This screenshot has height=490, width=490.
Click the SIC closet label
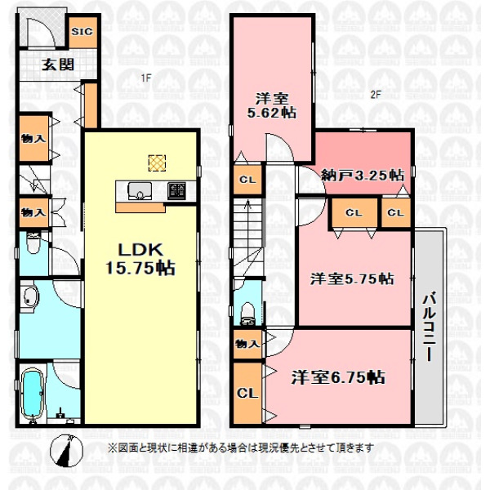tap(82, 31)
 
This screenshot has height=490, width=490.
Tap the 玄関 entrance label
tap(58, 65)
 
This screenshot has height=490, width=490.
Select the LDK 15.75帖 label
tap(140, 259)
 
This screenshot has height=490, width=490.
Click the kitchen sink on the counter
tap(140, 191)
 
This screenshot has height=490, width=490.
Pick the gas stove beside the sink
tap(176, 190)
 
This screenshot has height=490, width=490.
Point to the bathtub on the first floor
tap(33, 393)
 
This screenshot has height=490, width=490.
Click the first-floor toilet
tap(33, 243)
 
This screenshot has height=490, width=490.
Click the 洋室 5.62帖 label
tap(272, 106)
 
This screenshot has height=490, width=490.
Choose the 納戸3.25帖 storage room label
tap(363, 176)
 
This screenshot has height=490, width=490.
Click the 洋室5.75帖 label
tap(352, 278)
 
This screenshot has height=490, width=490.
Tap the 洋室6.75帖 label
tap(338, 377)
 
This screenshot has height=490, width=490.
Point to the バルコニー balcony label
tap(430, 327)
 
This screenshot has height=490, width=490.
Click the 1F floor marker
tap(145, 78)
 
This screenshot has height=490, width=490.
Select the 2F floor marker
tap(376, 95)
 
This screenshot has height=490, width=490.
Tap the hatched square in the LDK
tap(157, 163)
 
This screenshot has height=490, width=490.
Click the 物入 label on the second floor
tap(247, 344)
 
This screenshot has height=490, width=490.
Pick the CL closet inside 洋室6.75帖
tap(247, 393)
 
